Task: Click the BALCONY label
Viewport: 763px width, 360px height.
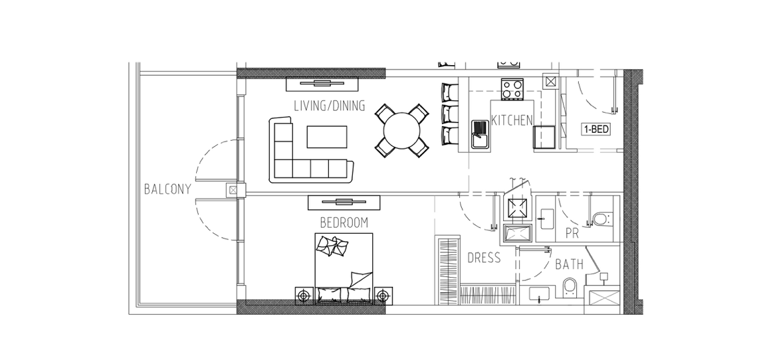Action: [168, 189]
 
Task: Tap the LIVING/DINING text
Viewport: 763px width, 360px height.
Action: [330, 106]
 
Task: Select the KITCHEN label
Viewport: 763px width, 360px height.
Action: [512, 120]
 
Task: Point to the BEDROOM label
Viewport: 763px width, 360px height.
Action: [344, 223]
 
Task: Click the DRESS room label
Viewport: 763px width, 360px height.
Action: [484, 258]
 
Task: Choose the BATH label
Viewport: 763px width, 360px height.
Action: [570, 264]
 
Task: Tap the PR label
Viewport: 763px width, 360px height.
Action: [572, 234]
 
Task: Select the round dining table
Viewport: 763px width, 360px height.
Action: [402, 130]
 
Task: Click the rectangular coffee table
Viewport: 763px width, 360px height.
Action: [327, 137]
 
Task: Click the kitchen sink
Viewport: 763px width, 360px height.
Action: [481, 134]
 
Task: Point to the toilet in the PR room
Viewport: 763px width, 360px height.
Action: [602, 218]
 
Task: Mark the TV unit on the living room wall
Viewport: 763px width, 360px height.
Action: [322, 84]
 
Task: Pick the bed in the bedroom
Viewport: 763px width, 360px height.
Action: [344, 268]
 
